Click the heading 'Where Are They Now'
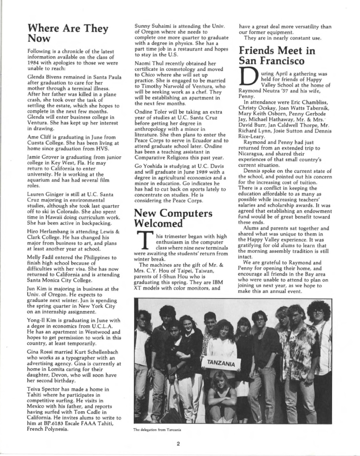point(67,33)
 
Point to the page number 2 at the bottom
point(177,443)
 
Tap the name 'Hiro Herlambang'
point(51,232)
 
